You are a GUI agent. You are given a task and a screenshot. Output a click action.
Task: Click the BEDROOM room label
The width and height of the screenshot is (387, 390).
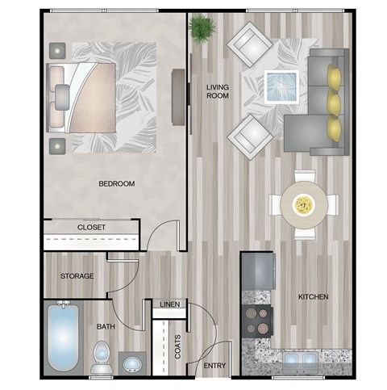pyautogui.click(x=116, y=184)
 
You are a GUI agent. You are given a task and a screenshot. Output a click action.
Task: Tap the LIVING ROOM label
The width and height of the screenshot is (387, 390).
pyautogui.click(x=218, y=91)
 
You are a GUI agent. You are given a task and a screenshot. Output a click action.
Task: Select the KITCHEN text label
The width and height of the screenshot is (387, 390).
pyautogui.click(x=314, y=297)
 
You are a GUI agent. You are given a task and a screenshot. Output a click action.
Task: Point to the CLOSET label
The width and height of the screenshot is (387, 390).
pyautogui.click(x=91, y=228)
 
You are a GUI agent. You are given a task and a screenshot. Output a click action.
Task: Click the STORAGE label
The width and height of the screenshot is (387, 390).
pyautogui.click(x=77, y=276)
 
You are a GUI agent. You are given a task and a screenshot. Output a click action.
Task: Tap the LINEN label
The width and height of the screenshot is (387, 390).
pyautogui.click(x=169, y=304)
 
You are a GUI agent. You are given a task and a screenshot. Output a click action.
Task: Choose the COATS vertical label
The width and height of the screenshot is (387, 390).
pyautogui.click(x=177, y=346)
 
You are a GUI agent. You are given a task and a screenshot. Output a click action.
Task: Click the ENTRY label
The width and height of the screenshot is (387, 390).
pyautogui.click(x=214, y=367)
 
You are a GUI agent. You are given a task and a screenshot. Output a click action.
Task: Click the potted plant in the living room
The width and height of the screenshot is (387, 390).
pyautogui.click(x=202, y=29)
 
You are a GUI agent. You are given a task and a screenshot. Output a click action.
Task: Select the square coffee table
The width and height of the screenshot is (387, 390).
pyautogui.click(x=281, y=85)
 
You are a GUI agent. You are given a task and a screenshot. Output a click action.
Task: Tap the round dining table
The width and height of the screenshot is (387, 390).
pyautogui.click(x=304, y=204)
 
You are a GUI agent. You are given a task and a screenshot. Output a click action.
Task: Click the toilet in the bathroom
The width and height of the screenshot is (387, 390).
pyautogui.click(x=102, y=357)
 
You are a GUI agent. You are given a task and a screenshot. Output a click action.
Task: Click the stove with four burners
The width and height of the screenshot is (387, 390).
pyautogui.click(x=259, y=319)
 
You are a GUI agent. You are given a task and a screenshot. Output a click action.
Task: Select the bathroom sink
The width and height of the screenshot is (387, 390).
pyautogui.click(x=131, y=363)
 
